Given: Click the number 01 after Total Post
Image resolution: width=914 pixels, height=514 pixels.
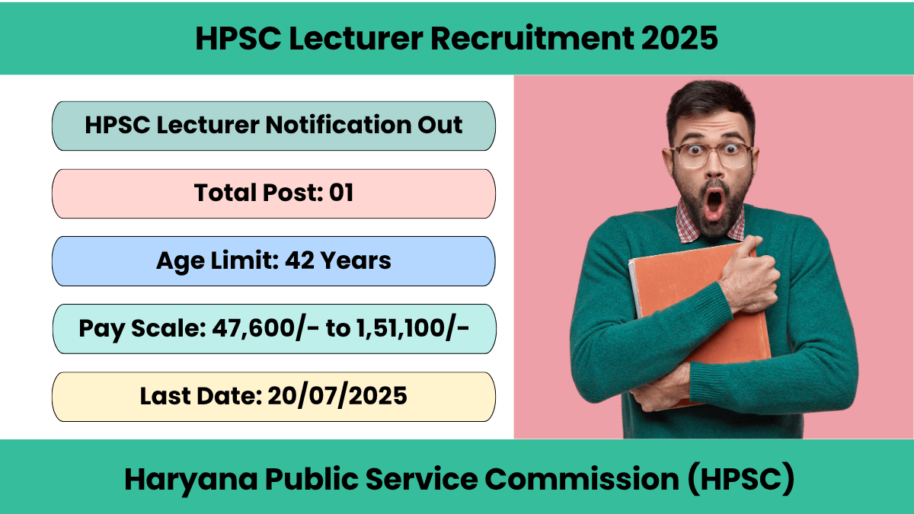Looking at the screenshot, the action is [x=341, y=193].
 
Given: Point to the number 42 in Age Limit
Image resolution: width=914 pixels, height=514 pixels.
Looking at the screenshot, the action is [x=299, y=260].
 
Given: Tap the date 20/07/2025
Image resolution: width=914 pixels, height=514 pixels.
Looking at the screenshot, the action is [x=337, y=396].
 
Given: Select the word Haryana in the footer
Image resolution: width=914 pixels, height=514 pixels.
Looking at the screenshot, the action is [x=191, y=480].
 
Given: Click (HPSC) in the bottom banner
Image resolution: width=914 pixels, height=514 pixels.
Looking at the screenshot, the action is [x=741, y=479].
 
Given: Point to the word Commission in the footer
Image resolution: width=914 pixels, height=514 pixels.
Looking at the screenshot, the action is [x=581, y=479].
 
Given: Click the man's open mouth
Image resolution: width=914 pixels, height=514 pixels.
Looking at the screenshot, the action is [x=714, y=203].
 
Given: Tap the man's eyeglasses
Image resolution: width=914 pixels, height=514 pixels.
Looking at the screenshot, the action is [x=711, y=155].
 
